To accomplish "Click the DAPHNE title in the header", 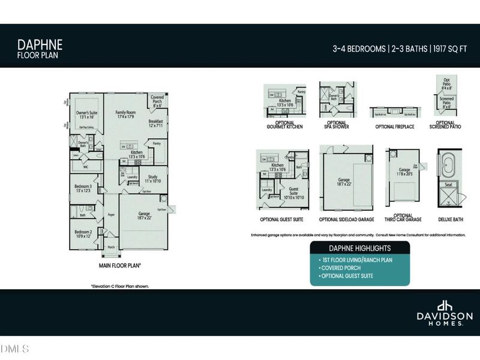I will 40,44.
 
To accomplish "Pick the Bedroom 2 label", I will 83,233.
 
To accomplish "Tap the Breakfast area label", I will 156,123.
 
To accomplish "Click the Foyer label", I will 111,214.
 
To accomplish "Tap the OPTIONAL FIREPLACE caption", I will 392,127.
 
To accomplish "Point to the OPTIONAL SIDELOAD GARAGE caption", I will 347,220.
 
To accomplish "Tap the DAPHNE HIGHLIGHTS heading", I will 360,248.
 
